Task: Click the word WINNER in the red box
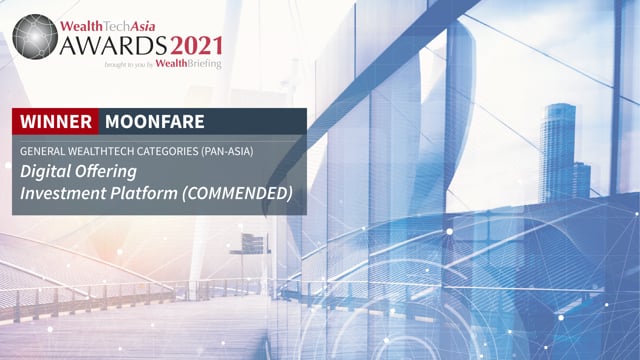[x=56, y=122]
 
